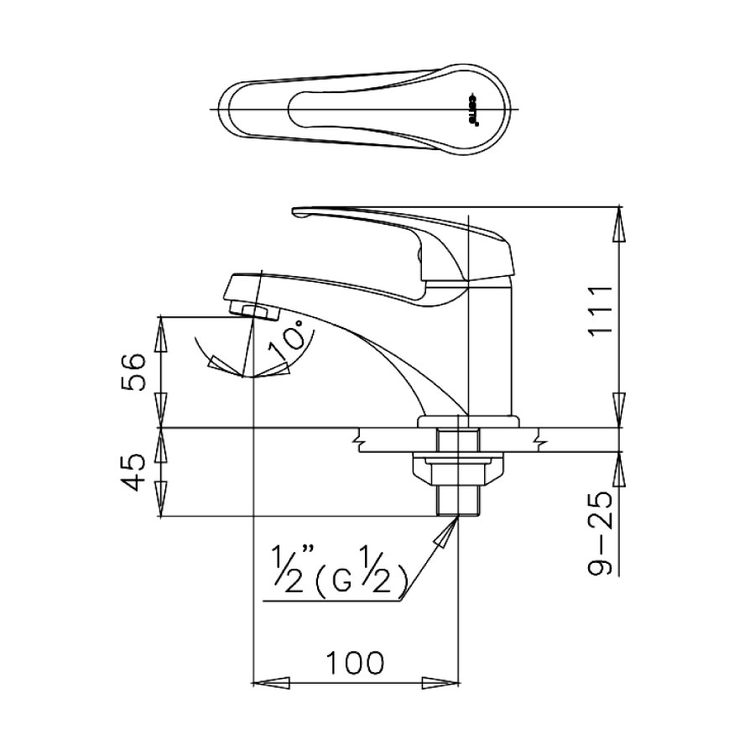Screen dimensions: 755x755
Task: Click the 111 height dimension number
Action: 599,310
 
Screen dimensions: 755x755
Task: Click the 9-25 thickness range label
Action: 599,532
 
